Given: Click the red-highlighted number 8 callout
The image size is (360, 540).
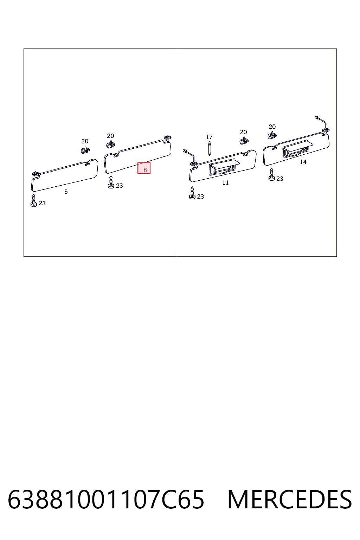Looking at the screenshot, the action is (x=144, y=168).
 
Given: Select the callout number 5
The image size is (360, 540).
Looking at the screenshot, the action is (x=66, y=192).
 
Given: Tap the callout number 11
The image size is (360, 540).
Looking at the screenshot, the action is (x=225, y=183).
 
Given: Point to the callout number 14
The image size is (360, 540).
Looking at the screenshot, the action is (x=303, y=162).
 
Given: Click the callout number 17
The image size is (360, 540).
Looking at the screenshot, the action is (x=209, y=137).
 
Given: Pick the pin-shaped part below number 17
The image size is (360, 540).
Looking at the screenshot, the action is (x=209, y=149).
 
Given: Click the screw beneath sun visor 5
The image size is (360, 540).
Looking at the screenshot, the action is (x=34, y=201).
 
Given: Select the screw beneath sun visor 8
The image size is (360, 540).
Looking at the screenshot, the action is (x=111, y=182).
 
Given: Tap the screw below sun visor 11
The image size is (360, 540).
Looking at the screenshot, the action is (x=192, y=193).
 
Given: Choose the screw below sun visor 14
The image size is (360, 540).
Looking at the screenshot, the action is (x=271, y=174).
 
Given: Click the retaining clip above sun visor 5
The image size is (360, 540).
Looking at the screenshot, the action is (x=85, y=149).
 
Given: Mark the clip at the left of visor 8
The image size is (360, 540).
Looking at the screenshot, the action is (x=111, y=144).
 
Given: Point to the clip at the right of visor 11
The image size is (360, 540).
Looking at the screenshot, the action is (x=244, y=140).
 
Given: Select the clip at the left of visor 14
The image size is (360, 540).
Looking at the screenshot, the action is (x=272, y=135).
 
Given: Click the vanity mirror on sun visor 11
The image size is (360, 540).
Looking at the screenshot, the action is (x=224, y=167).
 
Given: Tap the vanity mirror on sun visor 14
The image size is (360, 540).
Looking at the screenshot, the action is (x=297, y=149).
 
